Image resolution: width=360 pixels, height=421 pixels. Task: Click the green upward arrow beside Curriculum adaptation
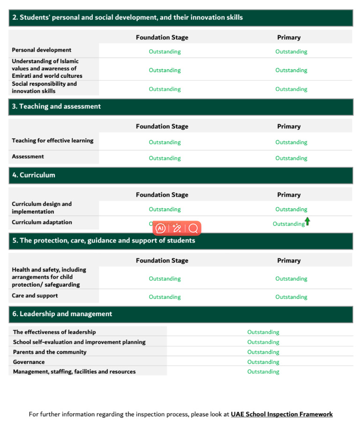307,222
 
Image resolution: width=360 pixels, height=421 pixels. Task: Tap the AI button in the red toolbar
160,229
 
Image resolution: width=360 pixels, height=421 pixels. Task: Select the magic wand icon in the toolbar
177,229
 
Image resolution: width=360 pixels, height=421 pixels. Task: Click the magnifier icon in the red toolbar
193,229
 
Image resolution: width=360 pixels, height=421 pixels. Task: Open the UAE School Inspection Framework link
282,414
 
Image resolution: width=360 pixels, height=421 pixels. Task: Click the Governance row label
29,362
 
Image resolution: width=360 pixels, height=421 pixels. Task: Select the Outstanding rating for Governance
263,362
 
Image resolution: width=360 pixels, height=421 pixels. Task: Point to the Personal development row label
42,50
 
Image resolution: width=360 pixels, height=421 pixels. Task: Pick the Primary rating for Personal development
291,52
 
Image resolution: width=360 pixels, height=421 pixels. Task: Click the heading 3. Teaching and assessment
56,106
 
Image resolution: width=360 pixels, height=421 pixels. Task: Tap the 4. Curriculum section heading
34,175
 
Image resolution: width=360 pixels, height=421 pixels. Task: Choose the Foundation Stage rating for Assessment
165,158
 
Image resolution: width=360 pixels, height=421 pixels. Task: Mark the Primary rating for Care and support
291,297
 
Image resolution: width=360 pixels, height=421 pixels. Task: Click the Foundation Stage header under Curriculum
162,195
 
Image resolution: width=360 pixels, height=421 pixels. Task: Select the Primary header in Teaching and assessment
289,126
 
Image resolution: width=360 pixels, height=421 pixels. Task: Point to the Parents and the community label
50,352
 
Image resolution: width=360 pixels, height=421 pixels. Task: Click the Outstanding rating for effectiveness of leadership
263,332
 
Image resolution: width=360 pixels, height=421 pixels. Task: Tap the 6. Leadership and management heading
62,314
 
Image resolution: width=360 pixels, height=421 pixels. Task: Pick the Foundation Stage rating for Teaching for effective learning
165,142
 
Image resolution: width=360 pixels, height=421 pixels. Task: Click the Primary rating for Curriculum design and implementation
291,209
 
